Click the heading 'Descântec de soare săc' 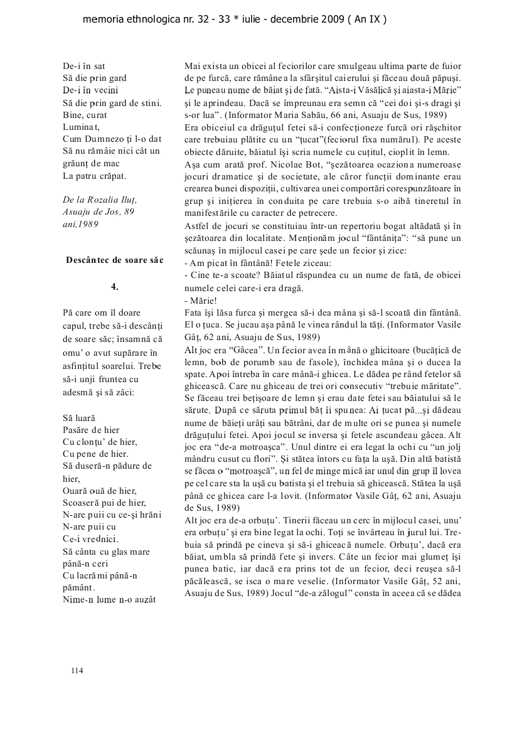pyautogui.click(x=115, y=260)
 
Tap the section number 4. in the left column pyautogui.click(x=115, y=286)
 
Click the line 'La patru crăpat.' pyautogui.click(x=95, y=175)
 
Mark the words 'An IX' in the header pyautogui.click(x=368, y=19)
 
